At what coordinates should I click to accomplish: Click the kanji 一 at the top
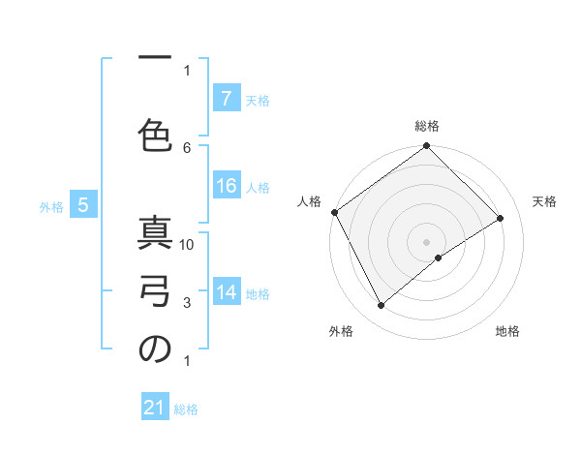pyautogui.click(x=154, y=60)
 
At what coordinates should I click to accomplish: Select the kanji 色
pyautogui.click(x=155, y=137)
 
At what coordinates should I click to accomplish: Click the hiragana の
pyautogui.click(x=155, y=350)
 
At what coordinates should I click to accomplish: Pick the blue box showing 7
pyautogui.click(x=226, y=99)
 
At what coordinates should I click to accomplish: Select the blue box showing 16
pyautogui.click(x=227, y=187)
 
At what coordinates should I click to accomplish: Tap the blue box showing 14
pyautogui.click(x=227, y=293)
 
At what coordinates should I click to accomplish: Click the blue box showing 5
pyautogui.click(x=84, y=205)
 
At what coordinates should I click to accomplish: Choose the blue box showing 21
pyautogui.click(x=155, y=409)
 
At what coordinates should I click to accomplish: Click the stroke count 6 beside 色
pyautogui.click(x=187, y=147)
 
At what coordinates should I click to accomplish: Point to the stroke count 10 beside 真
pyautogui.click(x=187, y=245)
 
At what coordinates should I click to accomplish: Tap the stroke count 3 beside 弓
pyautogui.click(x=187, y=303)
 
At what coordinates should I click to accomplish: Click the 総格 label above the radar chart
pyautogui.click(x=427, y=126)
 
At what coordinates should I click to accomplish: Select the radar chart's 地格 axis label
pyautogui.click(x=507, y=332)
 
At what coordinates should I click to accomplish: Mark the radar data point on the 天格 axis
pyautogui.click(x=501, y=218)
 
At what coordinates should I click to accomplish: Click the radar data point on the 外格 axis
pyautogui.click(x=382, y=306)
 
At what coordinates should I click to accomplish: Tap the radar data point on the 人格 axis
pyautogui.click(x=335, y=212)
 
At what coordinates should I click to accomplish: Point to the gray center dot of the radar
pyautogui.click(x=427, y=240)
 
